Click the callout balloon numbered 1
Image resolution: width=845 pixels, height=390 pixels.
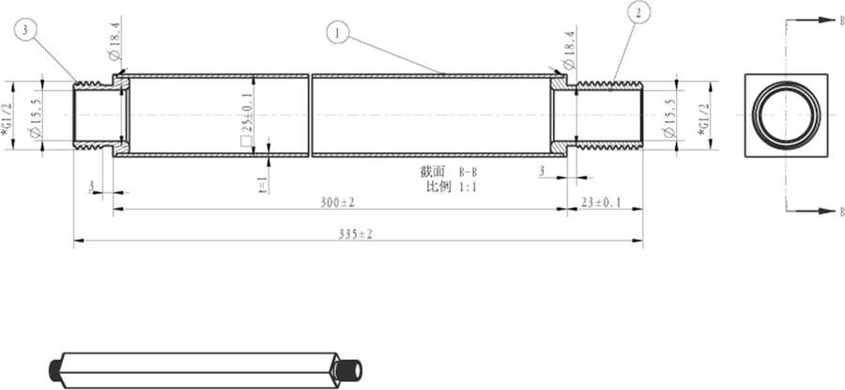click(x=339, y=32)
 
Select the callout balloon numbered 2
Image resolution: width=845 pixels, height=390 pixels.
click(x=638, y=12)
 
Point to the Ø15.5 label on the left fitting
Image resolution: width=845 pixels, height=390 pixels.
click(x=35, y=117)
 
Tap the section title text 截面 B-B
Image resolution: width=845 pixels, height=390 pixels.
click(x=450, y=172)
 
